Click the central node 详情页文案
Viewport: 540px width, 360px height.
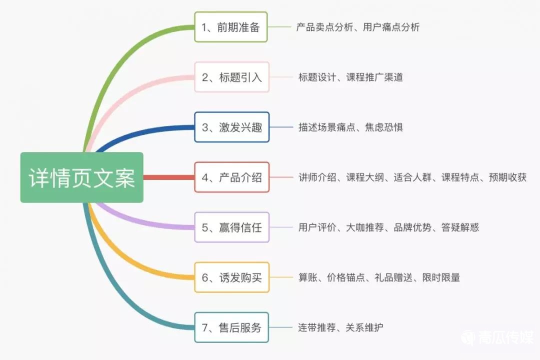point(81,177)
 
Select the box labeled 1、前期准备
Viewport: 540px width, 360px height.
point(230,27)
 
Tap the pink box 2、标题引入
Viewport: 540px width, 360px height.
point(232,77)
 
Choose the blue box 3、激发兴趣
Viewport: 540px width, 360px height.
point(232,127)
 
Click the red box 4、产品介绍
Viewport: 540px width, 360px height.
point(232,177)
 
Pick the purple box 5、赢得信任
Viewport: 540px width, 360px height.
point(232,227)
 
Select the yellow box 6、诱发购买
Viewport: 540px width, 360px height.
point(232,277)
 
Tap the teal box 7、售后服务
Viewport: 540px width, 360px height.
point(231,327)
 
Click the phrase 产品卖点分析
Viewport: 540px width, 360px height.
point(324,27)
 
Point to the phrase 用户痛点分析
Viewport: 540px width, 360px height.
point(391,27)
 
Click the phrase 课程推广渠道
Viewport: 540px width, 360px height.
point(374,77)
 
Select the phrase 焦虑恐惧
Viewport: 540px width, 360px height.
point(384,127)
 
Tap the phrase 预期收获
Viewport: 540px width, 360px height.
point(507,177)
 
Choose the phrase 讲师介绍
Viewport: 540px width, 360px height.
point(317,177)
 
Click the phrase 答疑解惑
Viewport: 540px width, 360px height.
point(460,227)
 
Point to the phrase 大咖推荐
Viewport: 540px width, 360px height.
point(364,227)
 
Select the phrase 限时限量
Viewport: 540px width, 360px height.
point(441,277)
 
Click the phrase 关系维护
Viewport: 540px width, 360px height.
point(364,327)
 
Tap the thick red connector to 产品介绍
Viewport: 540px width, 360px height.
point(169,177)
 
